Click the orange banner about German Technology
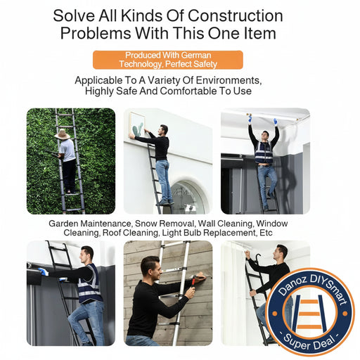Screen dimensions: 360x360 coord(167,60)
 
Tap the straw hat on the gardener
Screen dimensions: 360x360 coord(63,134)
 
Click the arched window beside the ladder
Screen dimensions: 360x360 coord(189,198)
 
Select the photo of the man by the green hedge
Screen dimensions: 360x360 coord(70,160)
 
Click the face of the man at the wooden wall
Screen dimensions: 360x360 coord(150,267)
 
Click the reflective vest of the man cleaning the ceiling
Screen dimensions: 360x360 coord(264,152)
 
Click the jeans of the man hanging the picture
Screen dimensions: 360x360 coord(162,179)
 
